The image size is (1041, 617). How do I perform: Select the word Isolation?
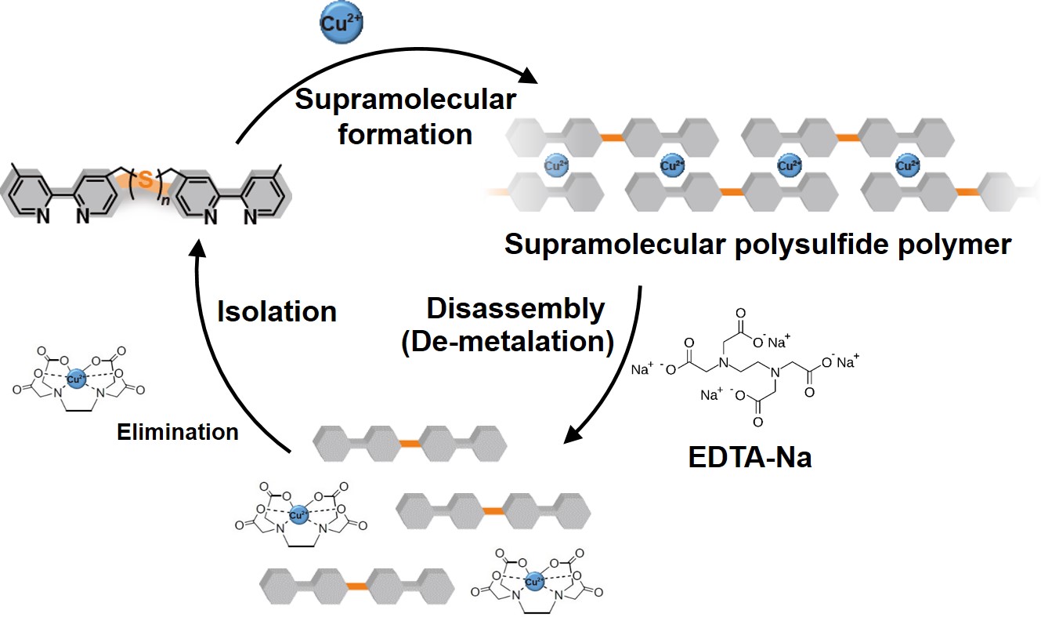coord(277,310)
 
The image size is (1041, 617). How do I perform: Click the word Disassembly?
coord(515,309)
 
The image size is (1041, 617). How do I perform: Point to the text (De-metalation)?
coord(507,343)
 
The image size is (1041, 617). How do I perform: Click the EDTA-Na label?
coord(750,455)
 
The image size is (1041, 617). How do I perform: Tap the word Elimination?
coord(178,431)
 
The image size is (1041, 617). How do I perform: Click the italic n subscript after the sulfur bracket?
coord(165,206)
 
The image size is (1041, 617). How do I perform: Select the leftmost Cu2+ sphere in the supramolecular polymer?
coord(555,165)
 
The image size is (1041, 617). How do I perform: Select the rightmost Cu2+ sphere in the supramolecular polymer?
coord(908,165)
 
